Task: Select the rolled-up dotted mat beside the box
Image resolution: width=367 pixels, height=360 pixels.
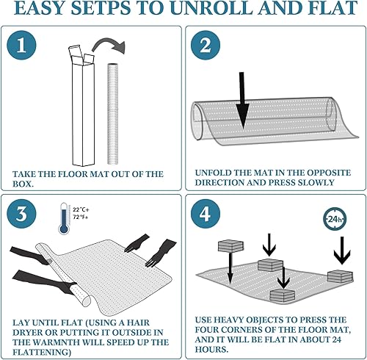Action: pos(113,114)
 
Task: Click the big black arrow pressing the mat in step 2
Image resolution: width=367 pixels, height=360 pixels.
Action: pos(242,99)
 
